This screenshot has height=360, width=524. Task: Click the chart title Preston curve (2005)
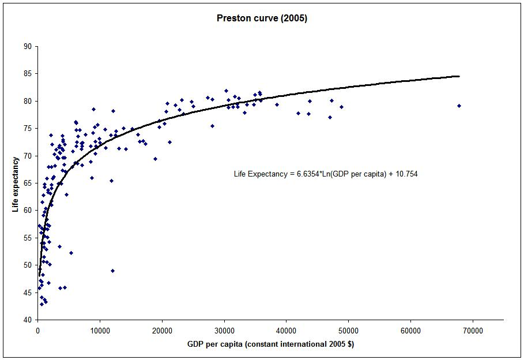click(262, 18)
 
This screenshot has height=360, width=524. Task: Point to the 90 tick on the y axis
click(27, 46)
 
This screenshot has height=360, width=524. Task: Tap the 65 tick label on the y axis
click(27, 183)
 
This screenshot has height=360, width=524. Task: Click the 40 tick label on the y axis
click(27, 320)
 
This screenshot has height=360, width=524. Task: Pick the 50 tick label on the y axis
click(27, 265)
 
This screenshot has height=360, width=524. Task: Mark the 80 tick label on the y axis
click(27, 101)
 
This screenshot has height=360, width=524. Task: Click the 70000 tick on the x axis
click(473, 330)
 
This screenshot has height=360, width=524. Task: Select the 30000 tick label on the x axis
click(224, 330)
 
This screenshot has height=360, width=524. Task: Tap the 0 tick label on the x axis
click(37, 330)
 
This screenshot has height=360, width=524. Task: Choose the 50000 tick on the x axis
click(348, 330)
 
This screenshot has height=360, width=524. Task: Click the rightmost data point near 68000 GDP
click(459, 106)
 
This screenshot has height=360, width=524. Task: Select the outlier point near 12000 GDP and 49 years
click(112, 271)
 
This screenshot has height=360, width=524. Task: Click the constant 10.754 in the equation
click(406, 174)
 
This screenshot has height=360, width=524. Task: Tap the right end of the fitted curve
click(459, 76)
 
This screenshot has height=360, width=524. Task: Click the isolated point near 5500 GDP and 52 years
click(71, 253)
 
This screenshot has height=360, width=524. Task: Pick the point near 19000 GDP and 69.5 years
click(155, 159)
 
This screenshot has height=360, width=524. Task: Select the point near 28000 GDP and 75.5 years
click(212, 126)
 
